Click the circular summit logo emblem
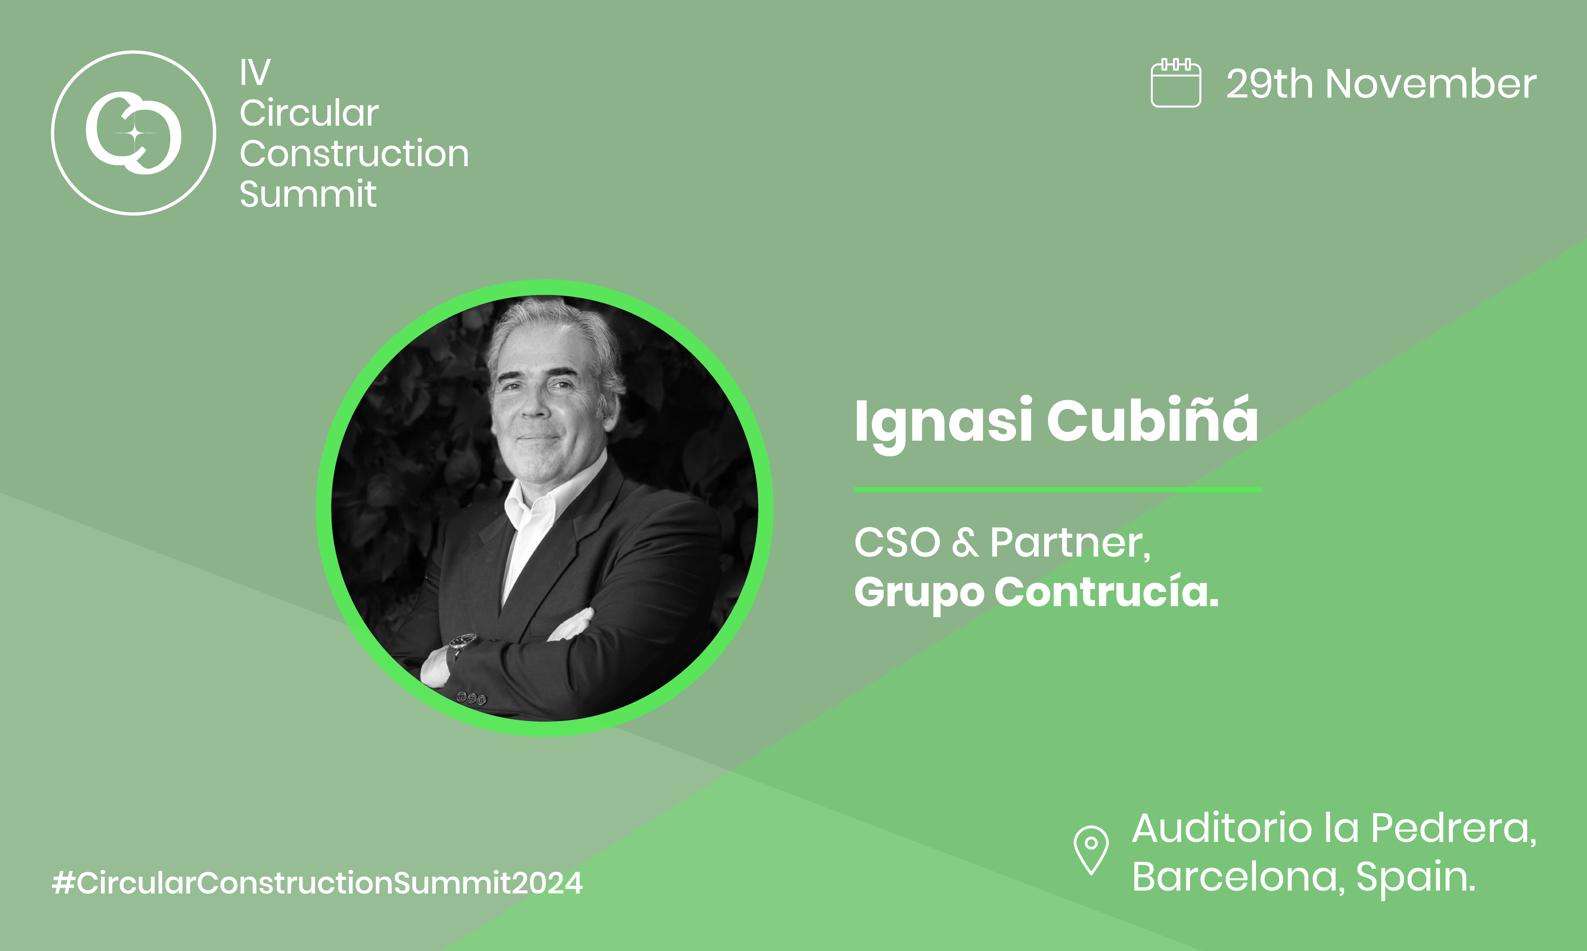point(133,133)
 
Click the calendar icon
point(1176,83)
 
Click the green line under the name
point(1056,490)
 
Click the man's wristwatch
point(463,642)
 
